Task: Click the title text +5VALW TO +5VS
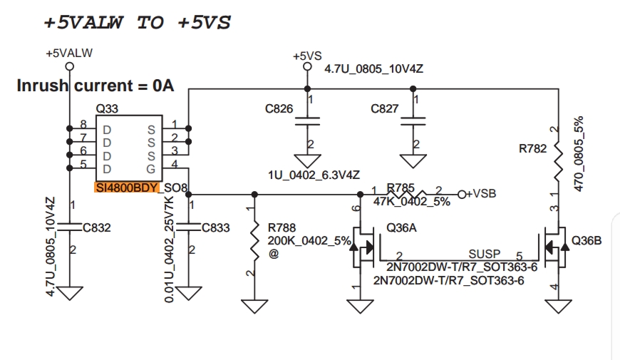tap(138, 22)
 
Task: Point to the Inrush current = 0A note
tap(95, 86)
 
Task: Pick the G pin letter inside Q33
tap(150, 169)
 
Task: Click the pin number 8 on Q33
tap(83, 124)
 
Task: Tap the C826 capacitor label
tap(279, 109)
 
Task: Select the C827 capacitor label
tap(386, 109)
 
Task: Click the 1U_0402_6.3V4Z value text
tap(309, 175)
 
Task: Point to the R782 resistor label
tap(532, 150)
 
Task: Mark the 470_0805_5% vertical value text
tap(578, 153)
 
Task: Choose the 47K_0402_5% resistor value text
tap(412, 202)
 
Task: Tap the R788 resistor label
tap(282, 227)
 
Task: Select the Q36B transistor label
tap(587, 240)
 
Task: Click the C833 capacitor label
tap(216, 228)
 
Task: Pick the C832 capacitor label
tap(97, 228)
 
